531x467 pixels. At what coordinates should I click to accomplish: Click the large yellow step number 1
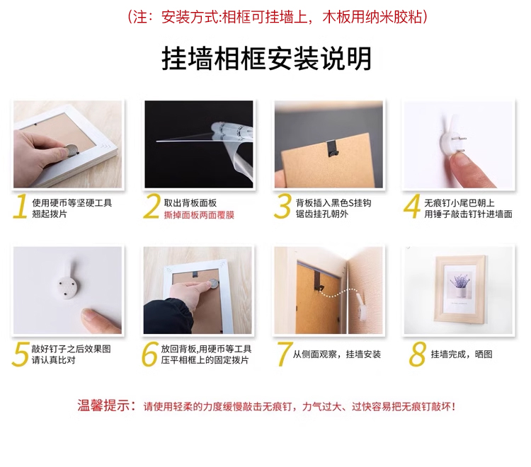[21, 206]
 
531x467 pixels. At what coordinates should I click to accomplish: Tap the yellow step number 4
[412, 206]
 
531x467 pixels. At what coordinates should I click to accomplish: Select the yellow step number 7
[284, 354]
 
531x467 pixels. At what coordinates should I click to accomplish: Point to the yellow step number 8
[417, 354]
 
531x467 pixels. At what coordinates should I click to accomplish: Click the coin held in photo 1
[71, 149]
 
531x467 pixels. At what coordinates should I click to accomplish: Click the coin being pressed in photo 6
[213, 283]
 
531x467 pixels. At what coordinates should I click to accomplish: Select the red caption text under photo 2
[199, 215]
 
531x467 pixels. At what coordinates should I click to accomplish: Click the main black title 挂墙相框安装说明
[266, 59]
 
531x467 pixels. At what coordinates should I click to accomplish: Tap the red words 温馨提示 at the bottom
[103, 405]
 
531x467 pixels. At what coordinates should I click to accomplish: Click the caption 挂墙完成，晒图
[461, 354]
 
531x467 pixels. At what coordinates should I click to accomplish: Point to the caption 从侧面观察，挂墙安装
[336, 354]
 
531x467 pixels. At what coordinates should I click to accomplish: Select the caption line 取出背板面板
[190, 203]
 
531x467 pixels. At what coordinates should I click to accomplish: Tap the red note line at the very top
[278, 17]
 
